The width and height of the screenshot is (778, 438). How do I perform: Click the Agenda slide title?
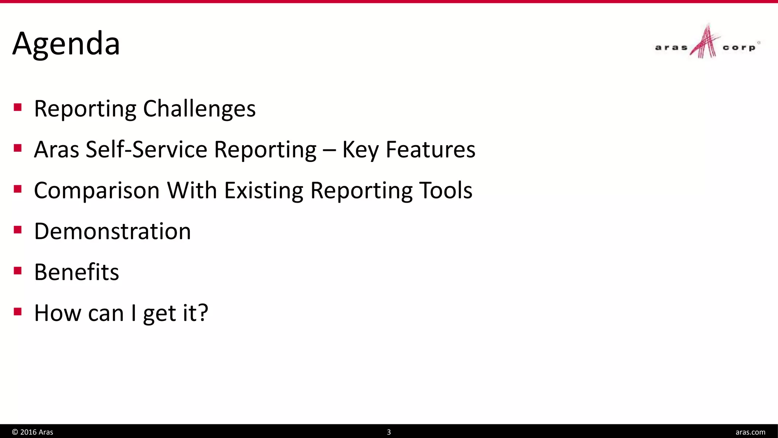point(66,44)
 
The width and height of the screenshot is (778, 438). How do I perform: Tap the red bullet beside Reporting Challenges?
point(17,107)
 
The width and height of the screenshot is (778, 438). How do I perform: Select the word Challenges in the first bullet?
point(199,109)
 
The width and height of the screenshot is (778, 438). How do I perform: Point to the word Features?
point(430,149)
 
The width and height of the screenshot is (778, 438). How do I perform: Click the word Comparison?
point(96,190)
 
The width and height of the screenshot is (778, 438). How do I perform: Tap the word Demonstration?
point(112,231)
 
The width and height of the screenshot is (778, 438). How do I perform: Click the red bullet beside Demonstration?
point(17,230)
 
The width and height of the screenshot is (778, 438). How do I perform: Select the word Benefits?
point(76,272)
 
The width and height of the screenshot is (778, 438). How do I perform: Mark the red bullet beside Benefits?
point(17,271)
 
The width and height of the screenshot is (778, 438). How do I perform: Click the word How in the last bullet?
point(57,313)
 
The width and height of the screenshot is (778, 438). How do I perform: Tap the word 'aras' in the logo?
point(671,48)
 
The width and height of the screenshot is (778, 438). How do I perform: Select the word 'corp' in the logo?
point(739,48)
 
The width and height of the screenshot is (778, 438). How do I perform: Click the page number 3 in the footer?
point(389,432)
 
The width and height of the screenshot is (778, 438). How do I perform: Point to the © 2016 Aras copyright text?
point(33,432)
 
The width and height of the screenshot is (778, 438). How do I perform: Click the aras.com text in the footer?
point(750,432)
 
